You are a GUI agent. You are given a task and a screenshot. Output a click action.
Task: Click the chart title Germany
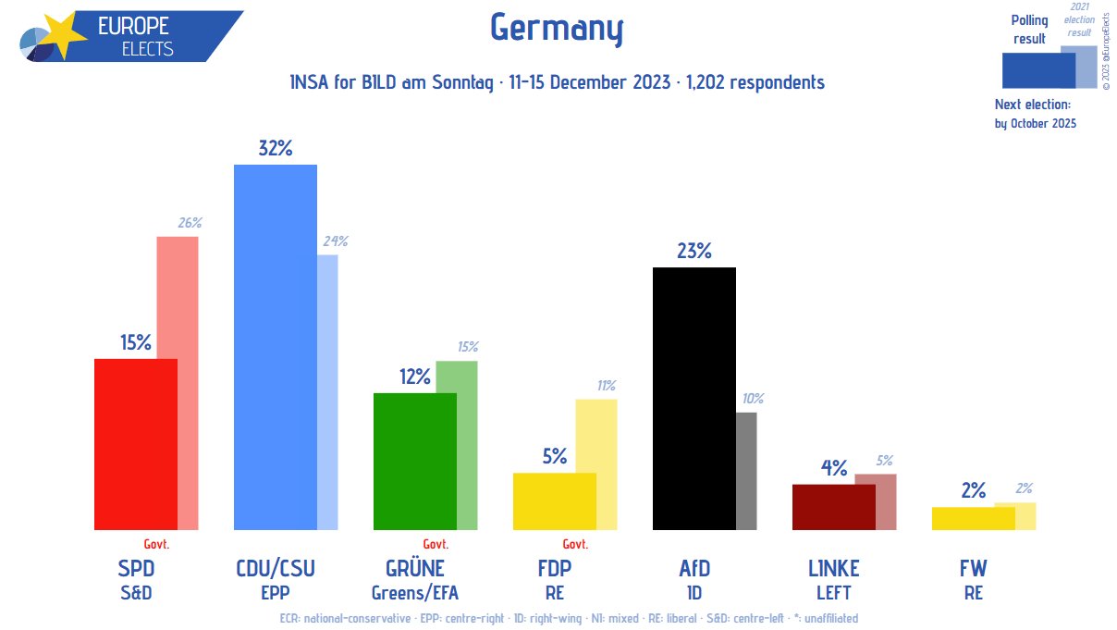point(557,29)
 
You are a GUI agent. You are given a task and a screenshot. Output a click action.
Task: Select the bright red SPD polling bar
point(135,444)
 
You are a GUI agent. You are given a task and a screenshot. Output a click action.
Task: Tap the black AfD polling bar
point(694,398)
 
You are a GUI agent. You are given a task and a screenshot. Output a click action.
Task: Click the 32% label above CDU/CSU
point(276,148)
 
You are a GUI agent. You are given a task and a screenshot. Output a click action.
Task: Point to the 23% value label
point(694,251)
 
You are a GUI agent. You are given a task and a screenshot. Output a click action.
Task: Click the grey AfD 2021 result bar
point(746,472)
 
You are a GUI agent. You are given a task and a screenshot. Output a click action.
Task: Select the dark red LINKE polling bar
point(833,507)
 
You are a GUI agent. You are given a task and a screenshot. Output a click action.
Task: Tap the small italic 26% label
point(190,223)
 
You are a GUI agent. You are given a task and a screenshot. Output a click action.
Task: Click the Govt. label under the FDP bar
point(575,544)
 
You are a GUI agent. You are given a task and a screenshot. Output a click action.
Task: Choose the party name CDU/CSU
point(276,568)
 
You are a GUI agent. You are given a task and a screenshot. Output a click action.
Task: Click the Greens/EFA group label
point(414,593)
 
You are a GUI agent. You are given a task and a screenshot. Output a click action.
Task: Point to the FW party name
point(973,568)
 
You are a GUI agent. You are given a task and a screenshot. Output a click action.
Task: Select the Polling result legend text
point(1029,30)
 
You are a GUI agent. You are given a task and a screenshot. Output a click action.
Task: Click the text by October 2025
point(1035,123)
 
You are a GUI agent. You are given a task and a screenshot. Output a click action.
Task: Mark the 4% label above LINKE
point(834,468)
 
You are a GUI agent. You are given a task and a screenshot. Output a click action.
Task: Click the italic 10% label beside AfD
point(753,399)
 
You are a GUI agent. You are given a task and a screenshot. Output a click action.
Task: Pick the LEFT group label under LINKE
point(833,593)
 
